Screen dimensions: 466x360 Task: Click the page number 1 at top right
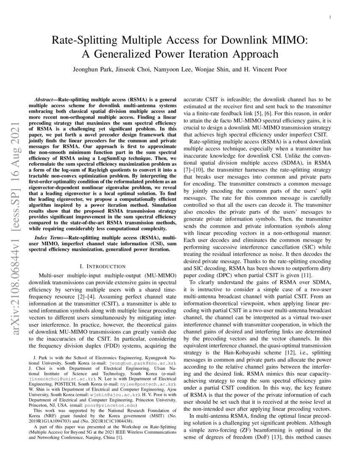coord(330,17)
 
